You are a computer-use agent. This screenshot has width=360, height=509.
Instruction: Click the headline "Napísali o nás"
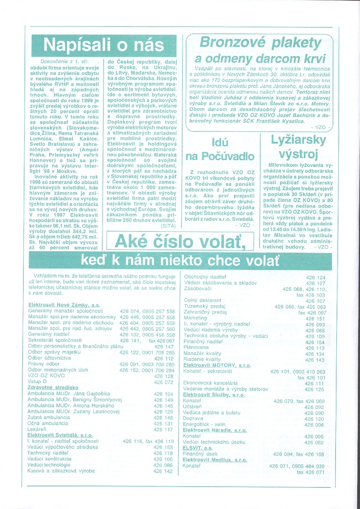point(103,45)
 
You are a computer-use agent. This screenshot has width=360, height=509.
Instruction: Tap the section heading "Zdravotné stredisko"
point(53,387)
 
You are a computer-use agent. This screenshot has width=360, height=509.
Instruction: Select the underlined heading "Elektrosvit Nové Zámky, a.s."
point(64,305)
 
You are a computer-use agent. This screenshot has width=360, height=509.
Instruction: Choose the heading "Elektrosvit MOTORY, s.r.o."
point(217,365)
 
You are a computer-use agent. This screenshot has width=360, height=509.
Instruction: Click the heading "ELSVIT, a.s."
point(198,448)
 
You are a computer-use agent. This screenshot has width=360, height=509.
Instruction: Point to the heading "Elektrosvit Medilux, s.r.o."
point(215,460)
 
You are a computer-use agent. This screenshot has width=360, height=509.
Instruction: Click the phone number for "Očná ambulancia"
point(163,424)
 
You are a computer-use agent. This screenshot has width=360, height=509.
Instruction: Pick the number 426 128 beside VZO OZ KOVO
point(164,376)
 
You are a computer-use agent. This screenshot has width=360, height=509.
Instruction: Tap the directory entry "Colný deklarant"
point(202,300)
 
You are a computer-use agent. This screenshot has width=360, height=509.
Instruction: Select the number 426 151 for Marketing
point(315,319)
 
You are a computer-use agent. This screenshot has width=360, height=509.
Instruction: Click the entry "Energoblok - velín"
point(204,424)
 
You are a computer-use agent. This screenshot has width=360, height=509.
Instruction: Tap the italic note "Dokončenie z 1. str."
point(64,62)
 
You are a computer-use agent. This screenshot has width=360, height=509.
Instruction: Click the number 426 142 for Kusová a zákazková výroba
point(163,471)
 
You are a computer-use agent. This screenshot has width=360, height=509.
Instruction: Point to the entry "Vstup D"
point(37,382)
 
